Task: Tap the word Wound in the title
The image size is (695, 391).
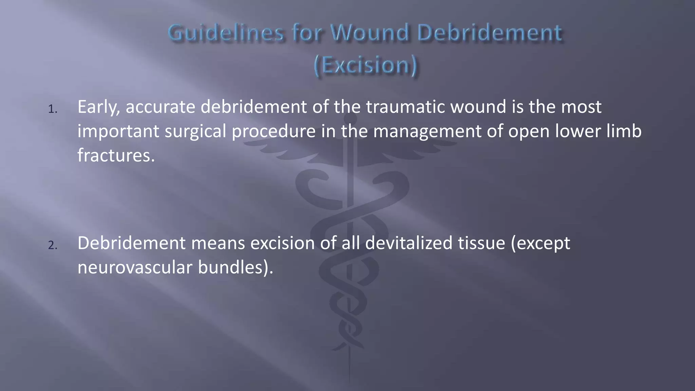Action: pyautogui.click(x=370, y=33)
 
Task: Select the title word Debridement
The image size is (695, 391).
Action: pyautogui.click(x=489, y=33)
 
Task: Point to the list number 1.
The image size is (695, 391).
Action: pyautogui.click(x=52, y=109)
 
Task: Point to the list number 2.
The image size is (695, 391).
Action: pyautogui.click(x=52, y=245)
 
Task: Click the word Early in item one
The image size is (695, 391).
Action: pyautogui.click(x=98, y=107)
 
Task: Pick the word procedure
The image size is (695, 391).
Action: pyautogui.click(x=274, y=132)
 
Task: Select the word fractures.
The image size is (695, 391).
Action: pyautogui.click(x=116, y=155)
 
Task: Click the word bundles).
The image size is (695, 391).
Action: pyautogui.click(x=236, y=268)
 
